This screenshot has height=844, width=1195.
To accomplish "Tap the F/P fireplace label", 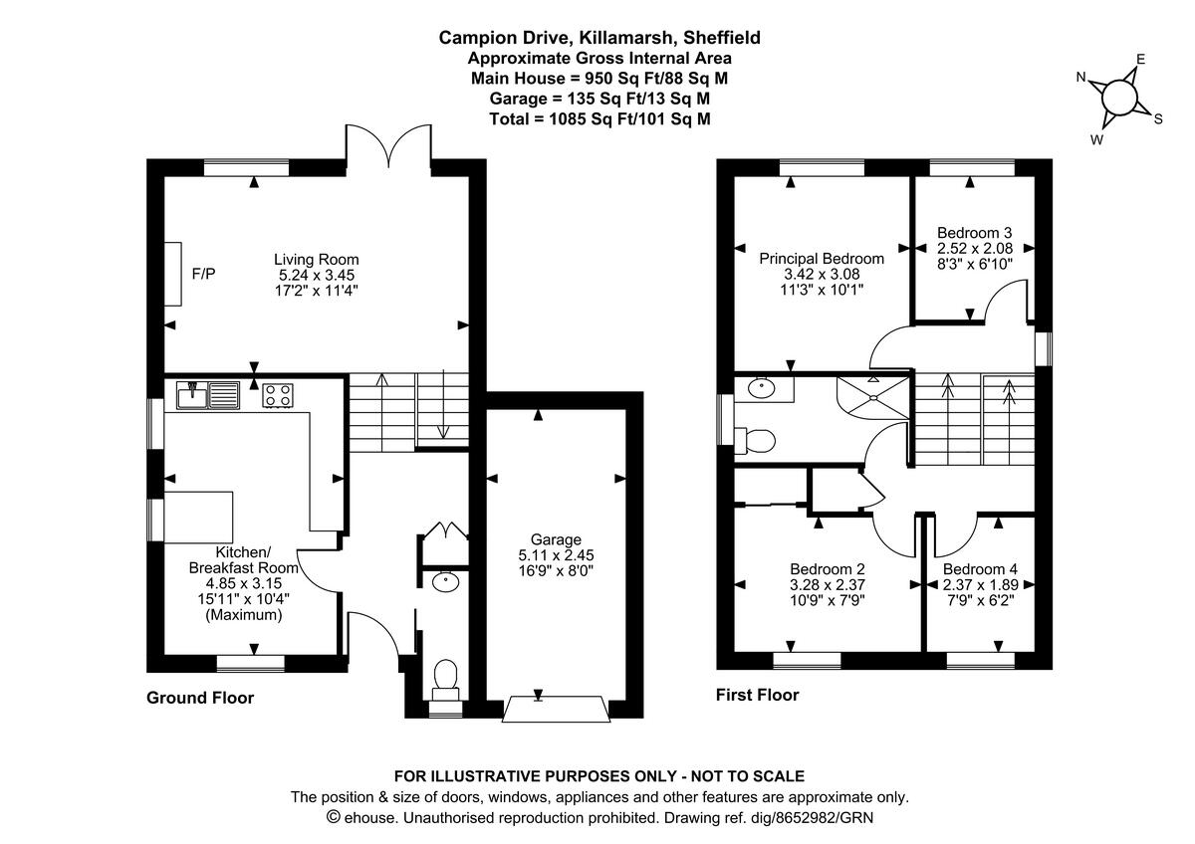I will click(203, 273).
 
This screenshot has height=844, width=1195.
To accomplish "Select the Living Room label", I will click(317, 260).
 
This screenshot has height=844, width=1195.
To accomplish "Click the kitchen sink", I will click(208, 395).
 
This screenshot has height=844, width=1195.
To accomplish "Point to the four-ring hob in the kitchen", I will click(278, 395).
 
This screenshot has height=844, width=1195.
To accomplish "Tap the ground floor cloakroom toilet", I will click(445, 677).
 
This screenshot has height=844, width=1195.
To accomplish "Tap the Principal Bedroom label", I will click(822, 259).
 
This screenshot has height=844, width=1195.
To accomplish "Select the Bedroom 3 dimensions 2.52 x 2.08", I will click(974, 249).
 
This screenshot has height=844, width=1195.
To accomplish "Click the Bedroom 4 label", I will click(980, 570).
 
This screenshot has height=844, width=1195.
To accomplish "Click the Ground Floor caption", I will click(200, 698).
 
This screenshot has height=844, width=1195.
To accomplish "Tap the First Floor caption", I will click(757, 695).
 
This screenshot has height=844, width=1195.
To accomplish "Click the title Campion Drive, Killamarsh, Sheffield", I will click(599, 38).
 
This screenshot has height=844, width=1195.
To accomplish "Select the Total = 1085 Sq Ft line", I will click(599, 118).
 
